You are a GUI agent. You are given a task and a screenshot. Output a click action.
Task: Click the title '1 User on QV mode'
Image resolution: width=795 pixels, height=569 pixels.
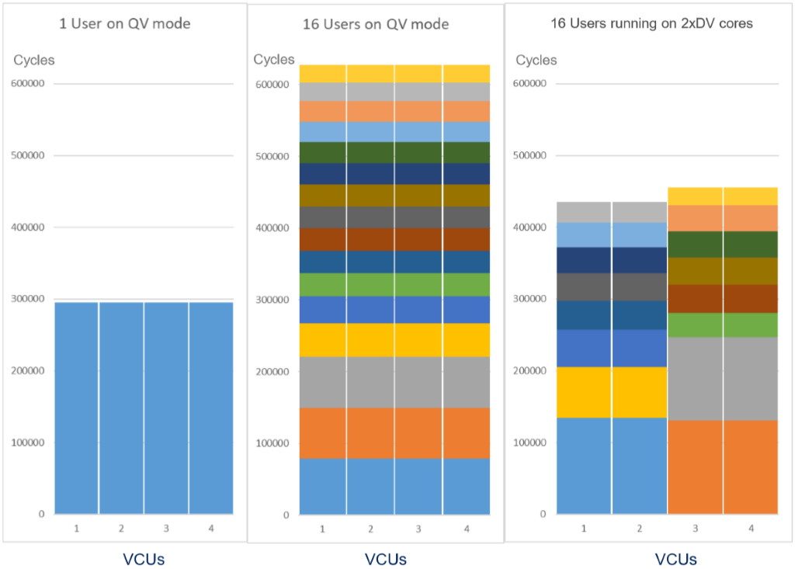coord(125,24)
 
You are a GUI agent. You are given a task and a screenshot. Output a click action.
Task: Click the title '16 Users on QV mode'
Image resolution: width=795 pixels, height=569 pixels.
coord(376,24)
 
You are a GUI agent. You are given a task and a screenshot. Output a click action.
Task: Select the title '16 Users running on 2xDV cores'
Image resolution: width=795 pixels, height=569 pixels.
coord(646,23)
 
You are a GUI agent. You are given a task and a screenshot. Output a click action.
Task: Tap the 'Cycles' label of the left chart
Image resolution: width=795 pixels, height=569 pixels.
coord(34,60)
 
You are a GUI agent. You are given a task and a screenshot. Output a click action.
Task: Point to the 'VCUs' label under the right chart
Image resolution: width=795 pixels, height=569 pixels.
coord(675,559)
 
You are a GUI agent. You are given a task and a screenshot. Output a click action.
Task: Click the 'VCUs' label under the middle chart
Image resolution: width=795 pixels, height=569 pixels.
coord(385,559)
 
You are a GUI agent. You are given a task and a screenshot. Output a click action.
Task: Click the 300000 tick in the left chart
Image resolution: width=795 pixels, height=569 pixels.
coord(26,299)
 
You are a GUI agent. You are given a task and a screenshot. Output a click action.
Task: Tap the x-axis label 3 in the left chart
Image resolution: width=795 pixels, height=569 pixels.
coord(166,529)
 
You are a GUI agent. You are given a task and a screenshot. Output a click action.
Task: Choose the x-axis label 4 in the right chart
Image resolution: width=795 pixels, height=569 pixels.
coord(751,529)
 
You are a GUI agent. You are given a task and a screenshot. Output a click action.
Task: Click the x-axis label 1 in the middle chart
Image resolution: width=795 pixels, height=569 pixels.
coord(322,529)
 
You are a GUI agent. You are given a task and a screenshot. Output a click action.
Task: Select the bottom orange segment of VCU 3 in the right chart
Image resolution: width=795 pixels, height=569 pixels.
coord(695,467)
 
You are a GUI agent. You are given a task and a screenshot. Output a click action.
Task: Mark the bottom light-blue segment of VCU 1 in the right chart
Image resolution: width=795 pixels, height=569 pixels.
coord(584,466)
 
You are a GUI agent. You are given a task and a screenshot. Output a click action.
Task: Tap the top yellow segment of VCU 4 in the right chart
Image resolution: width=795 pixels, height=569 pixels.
coord(751,196)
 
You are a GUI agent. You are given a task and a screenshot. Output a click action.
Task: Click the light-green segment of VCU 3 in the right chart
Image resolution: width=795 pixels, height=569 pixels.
coord(695,324)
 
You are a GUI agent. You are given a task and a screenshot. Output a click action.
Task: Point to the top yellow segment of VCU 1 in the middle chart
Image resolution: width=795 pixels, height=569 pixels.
coord(322,74)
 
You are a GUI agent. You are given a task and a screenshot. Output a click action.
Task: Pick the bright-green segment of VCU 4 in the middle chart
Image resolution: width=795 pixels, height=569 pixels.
coord(467,284)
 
